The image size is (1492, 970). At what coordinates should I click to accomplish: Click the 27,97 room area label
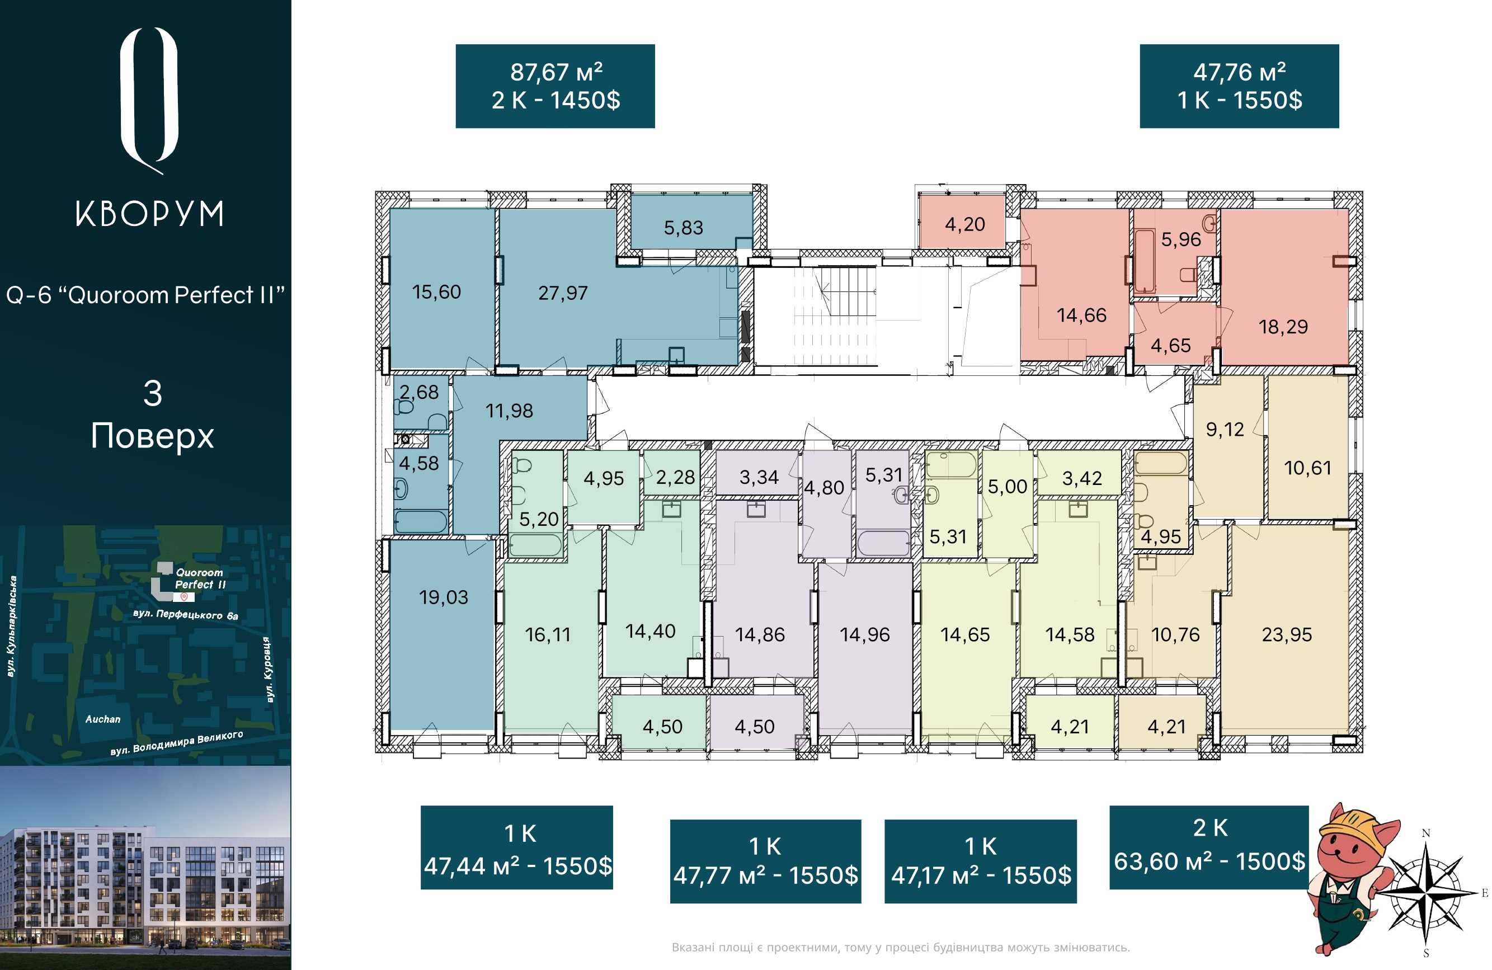click(x=563, y=293)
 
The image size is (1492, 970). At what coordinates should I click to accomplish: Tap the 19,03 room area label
click(x=443, y=597)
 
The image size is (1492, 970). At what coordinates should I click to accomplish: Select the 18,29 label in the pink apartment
click(x=1283, y=327)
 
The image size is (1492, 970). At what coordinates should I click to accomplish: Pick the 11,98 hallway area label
click(x=509, y=411)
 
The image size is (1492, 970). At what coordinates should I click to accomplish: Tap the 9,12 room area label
click(x=1225, y=430)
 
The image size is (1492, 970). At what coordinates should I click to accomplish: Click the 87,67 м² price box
click(x=555, y=86)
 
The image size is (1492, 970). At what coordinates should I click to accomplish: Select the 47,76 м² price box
click(x=1239, y=86)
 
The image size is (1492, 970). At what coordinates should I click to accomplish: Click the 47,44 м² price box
click(x=516, y=847)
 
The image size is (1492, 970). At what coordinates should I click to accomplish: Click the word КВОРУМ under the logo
click(x=150, y=214)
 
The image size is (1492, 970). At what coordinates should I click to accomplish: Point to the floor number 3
click(x=153, y=394)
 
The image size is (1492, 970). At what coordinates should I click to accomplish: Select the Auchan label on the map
click(x=103, y=719)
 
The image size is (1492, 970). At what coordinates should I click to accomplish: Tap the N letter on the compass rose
click(x=1425, y=834)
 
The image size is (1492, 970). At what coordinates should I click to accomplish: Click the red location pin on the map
click(x=183, y=597)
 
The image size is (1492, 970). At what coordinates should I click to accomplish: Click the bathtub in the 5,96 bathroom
click(x=1145, y=261)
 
